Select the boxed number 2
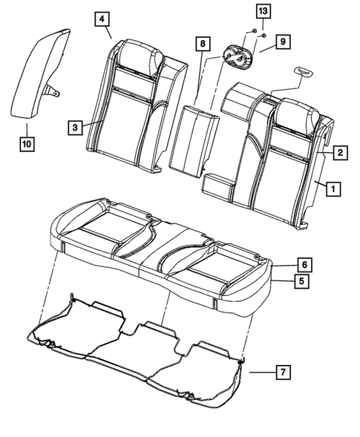(338, 153)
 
